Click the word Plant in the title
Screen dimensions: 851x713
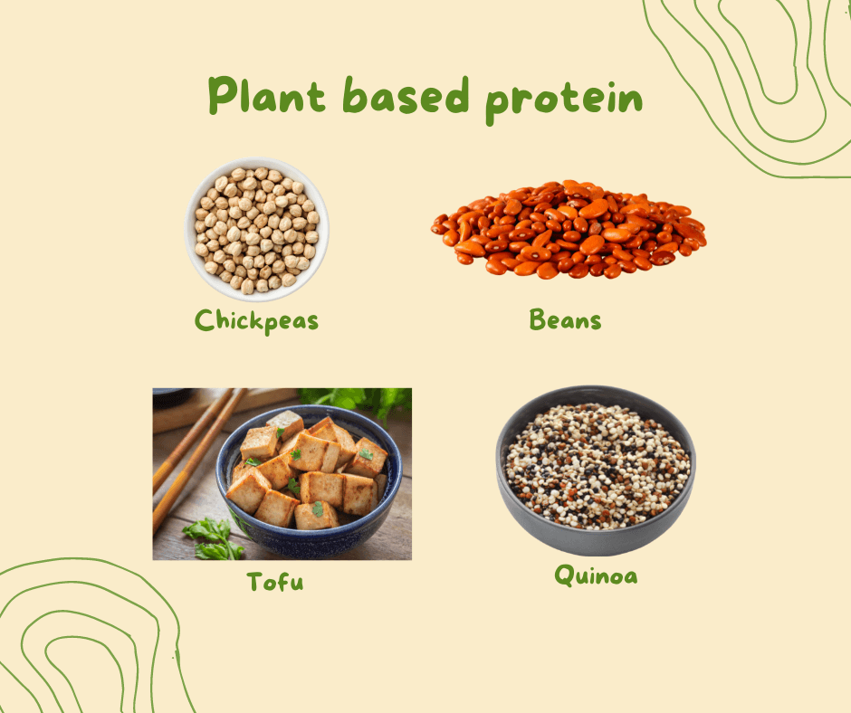[x=266, y=95]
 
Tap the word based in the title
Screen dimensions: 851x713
[x=406, y=95]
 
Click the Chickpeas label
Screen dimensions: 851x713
[x=256, y=321]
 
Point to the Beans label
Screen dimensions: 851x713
[x=565, y=319]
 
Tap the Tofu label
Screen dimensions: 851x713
[x=275, y=582]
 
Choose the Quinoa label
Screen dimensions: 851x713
[x=596, y=575]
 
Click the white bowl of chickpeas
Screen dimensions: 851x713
[x=257, y=229]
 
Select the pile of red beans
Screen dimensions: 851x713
[x=569, y=229]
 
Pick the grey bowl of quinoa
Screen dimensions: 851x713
[x=596, y=471]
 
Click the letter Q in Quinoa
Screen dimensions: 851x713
[x=565, y=575]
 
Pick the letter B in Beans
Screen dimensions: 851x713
[x=537, y=319]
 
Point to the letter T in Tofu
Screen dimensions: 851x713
[x=256, y=581]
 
